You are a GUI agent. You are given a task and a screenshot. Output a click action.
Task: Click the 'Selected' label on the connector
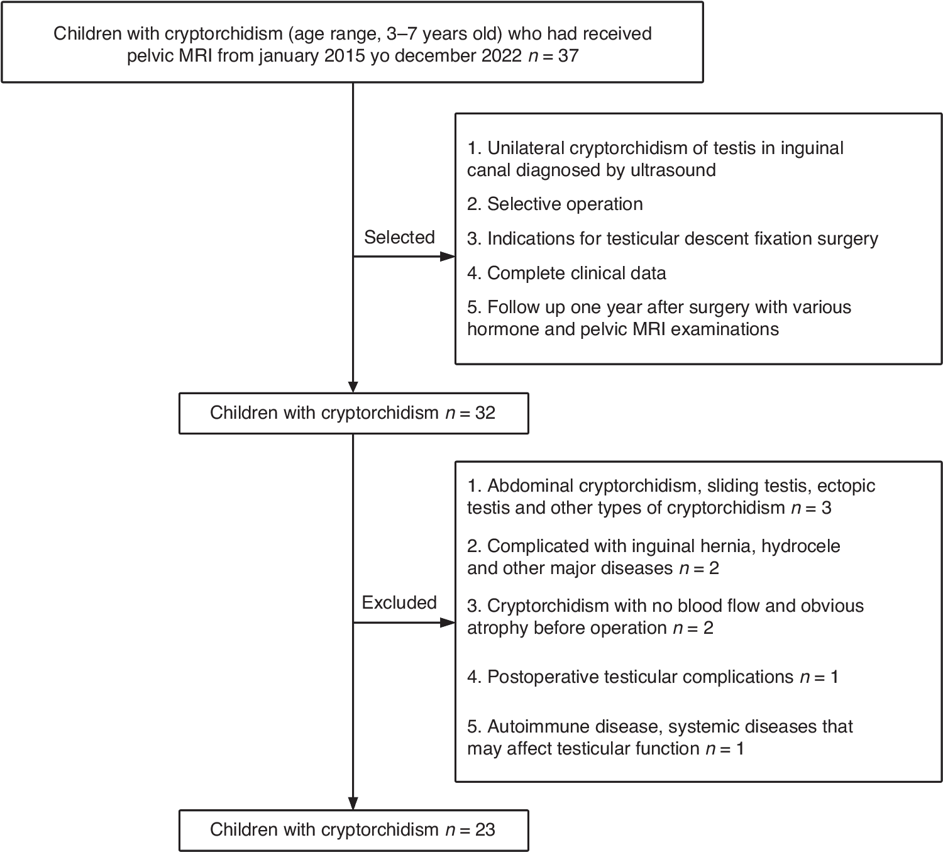tap(399, 237)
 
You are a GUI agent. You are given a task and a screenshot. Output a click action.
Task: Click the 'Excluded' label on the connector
tap(399, 602)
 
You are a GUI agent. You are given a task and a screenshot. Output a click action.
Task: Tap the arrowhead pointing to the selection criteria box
tap(447, 257)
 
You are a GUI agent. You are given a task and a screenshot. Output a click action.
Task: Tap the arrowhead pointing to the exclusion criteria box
tap(447, 622)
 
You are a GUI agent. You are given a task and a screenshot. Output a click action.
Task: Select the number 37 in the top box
tap(568, 56)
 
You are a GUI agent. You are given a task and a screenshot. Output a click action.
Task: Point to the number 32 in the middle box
tap(485, 413)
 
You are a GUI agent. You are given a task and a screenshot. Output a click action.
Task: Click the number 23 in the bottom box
tap(485, 830)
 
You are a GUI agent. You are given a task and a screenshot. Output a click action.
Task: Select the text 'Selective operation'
tap(565, 204)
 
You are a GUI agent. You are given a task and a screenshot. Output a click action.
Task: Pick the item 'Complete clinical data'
tap(576, 274)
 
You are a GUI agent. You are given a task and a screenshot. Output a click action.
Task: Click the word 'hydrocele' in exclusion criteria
tap(800, 546)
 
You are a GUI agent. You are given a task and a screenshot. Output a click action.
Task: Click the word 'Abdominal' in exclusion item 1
tap(529, 486)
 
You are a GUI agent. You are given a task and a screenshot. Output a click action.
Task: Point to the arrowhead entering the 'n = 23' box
tap(353, 803)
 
